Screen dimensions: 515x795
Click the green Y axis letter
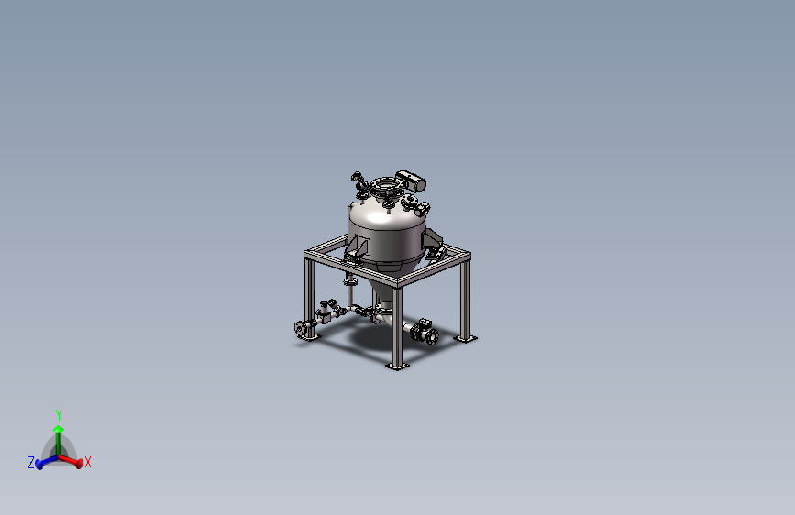point(59,415)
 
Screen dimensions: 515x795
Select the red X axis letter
point(88,462)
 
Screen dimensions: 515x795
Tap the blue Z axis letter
point(31,463)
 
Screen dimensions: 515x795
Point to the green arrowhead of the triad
point(59,427)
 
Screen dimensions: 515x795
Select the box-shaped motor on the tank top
point(410,181)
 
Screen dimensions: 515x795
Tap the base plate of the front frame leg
point(397,367)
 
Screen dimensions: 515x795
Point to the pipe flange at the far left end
point(303,329)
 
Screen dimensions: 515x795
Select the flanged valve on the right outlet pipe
point(425,332)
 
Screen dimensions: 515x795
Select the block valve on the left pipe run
point(326,314)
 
